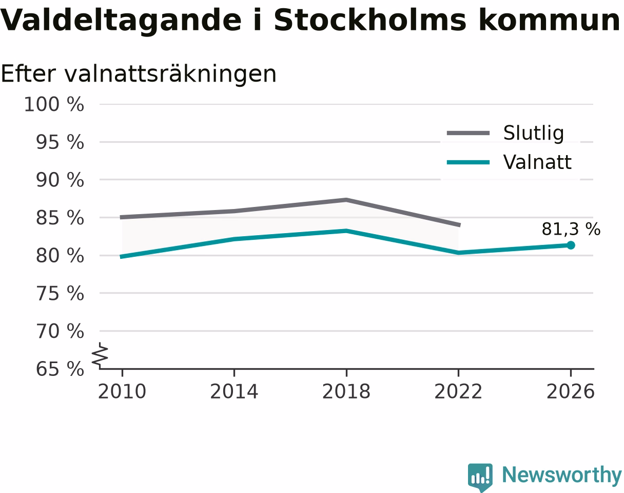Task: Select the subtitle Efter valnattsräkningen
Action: click(x=139, y=74)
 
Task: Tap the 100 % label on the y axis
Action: click(x=54, y=104)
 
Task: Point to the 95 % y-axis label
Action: click(x=60, y=142)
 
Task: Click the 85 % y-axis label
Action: click(x=60, y=218)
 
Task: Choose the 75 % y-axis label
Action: click(x=60, y=294)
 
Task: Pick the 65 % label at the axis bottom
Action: click(x=60, y=369)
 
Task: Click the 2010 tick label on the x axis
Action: click(x=122, y=392)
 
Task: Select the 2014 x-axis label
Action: click(x=234, y=392)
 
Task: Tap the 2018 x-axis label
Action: click(x=346, y=392)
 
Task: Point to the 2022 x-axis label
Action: click(x=458, y=392)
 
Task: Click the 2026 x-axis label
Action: click(x=570, y=392)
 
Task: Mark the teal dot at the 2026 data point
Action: click(x=571, y=245)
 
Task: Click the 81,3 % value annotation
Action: click(x=571, y=229)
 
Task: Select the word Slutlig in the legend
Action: click(x=534, y=134)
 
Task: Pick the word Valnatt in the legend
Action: click(x=537, y=162)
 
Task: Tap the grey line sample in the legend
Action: click(x=468, y=133)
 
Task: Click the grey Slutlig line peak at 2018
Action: click(x=346, y=200)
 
